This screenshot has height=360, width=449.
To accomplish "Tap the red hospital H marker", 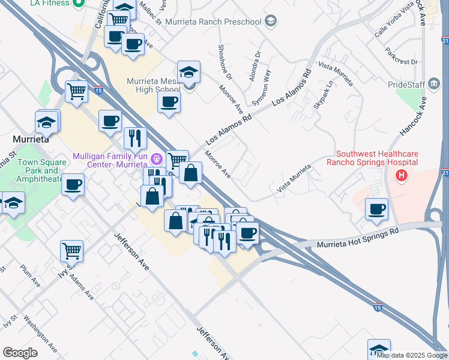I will (x=402, y=176).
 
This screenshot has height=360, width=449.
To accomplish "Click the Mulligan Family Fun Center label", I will (x=110, y=160).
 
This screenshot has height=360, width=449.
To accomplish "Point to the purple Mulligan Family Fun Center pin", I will (x=157, y=160).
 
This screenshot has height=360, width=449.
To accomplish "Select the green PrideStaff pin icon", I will (x=432, y=85).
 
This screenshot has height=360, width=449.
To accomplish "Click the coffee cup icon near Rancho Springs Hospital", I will (x=376, y=209).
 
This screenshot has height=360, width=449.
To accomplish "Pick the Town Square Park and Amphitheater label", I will (x=39, y=170).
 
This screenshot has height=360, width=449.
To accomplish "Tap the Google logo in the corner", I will (x=20, y=353).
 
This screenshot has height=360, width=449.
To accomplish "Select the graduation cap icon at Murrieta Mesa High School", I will (x=189, y=73).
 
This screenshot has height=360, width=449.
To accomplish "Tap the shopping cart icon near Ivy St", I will (x=71, y=250).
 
